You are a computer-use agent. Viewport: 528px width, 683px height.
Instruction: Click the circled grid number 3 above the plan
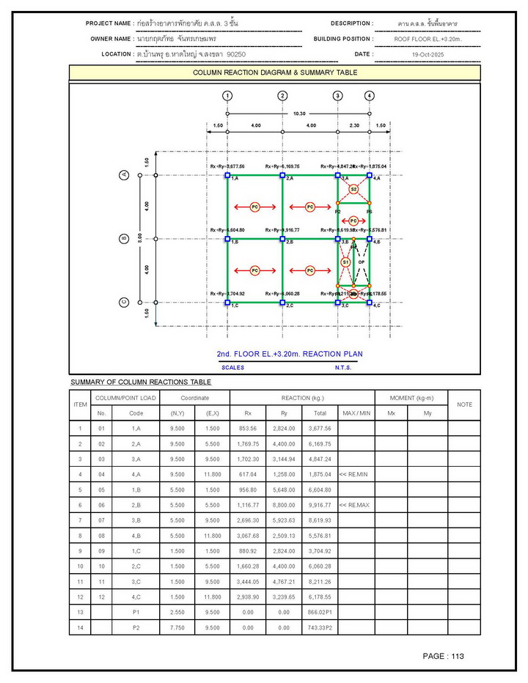pos(337,96)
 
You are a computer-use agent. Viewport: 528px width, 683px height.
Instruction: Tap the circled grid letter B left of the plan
pos(125,238)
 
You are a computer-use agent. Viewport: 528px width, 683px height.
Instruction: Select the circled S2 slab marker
pos(353,189)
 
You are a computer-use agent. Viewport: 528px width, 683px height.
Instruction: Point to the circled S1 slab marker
pos(346,262)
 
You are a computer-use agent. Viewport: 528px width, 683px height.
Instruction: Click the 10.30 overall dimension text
pos(299,114)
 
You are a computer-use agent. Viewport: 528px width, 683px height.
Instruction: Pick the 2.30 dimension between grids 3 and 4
pos(353,126)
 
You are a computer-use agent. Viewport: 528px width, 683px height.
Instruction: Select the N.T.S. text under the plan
pos(343,367)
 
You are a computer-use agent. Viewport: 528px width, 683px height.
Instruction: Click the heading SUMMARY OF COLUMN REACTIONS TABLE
pos(141,382)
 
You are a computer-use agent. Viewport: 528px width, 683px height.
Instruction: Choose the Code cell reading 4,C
pos(136,598)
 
